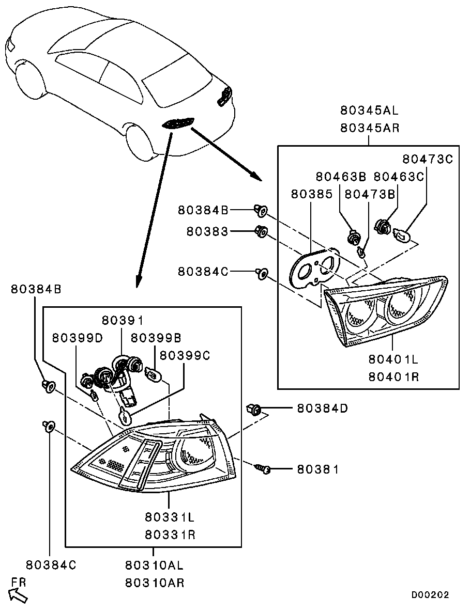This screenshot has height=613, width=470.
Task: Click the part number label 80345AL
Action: (x=370, y=110)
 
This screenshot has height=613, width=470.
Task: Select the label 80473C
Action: (x=428, y=159)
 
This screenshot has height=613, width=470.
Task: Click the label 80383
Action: (x=207, y=232)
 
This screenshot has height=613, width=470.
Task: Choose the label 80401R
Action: (x=394, y=376)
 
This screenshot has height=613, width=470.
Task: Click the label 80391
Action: (x=123, y=320)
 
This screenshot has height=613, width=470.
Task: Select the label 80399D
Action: (x=78, y=337)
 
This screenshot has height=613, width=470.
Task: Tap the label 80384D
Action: (x=322, y=408)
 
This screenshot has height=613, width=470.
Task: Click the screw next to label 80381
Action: (x=263, y=469)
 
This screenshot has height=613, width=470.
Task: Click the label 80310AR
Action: (x=154, y=583)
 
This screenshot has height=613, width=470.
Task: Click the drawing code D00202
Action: (x=430, y=595)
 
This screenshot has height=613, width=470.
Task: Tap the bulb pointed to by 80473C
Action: (x=403, y=235)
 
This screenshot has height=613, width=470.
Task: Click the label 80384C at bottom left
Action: (x=51, y=564)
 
